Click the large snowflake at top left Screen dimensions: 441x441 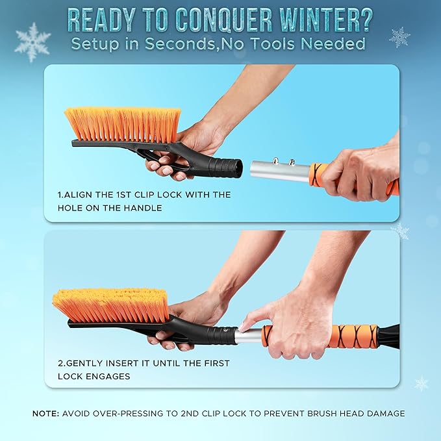tap(32, 42)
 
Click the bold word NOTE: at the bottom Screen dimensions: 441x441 tap(46, 413)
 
